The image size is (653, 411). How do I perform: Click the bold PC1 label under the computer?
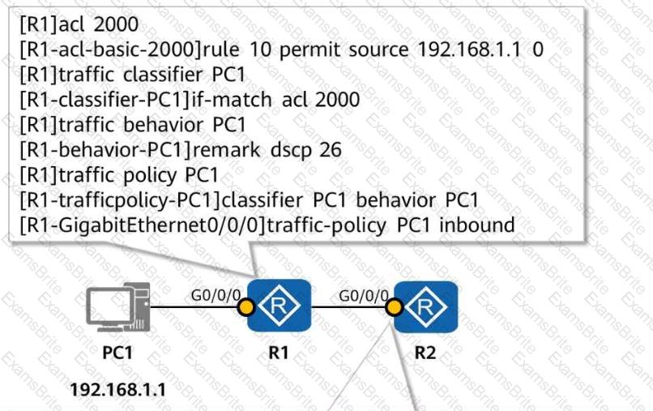118,354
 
